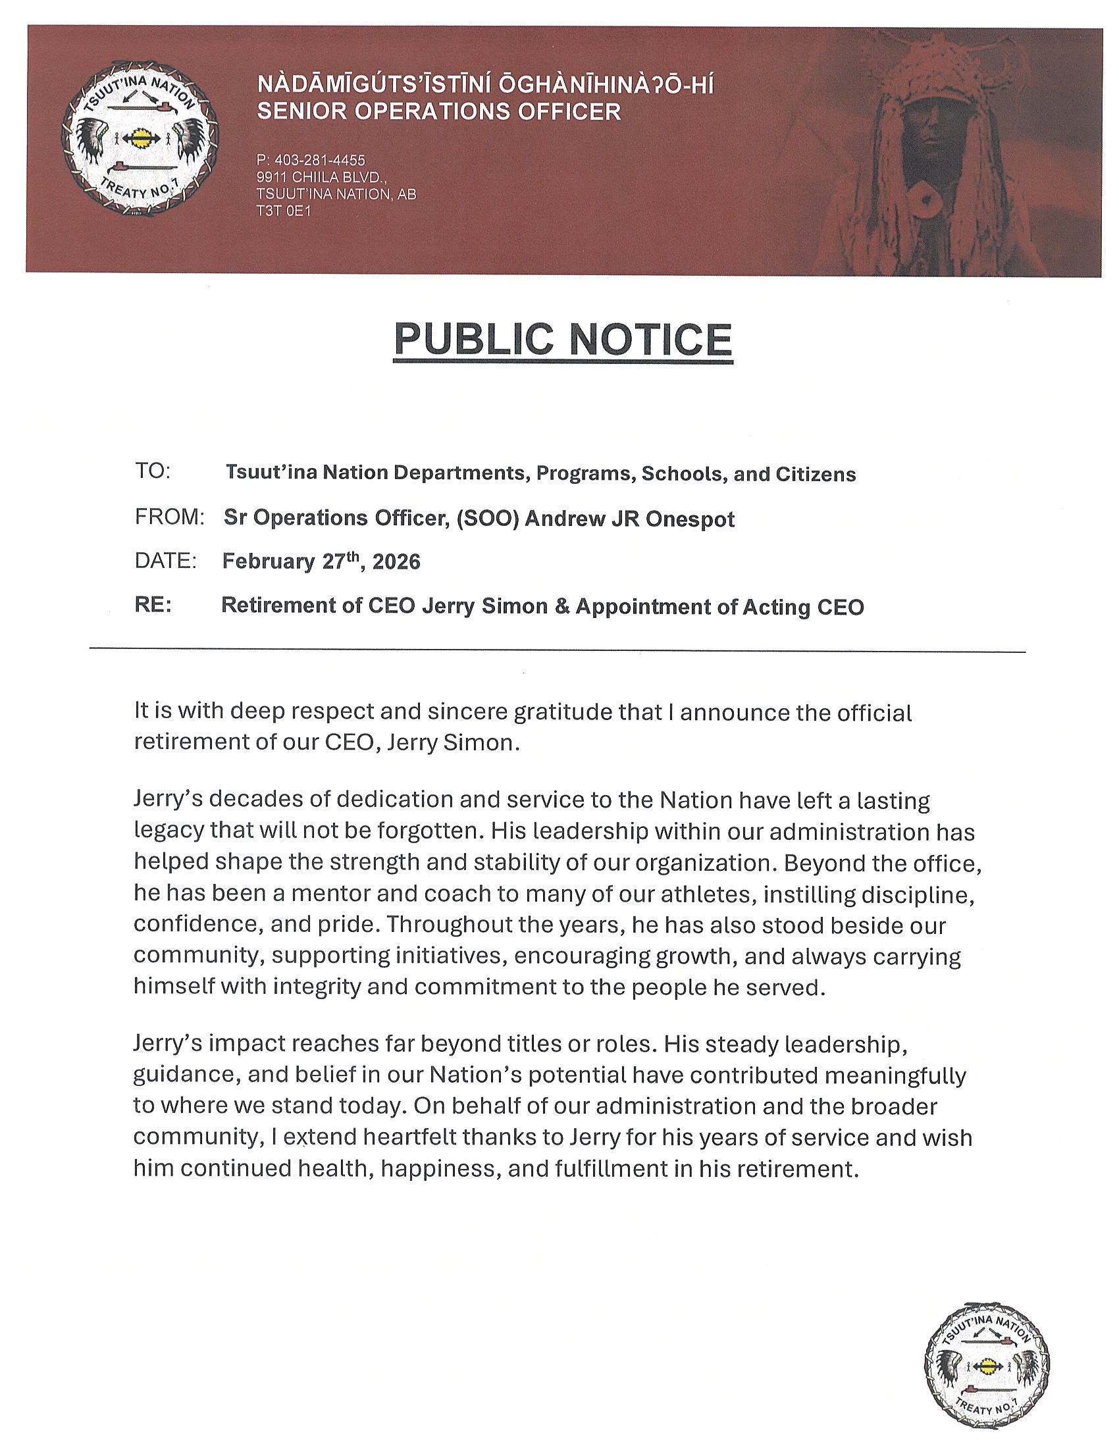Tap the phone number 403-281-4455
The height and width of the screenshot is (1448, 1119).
coord(310,161)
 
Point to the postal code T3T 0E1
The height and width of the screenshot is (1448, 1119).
coord(283,211)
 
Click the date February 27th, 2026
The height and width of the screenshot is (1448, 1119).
coord(321,561)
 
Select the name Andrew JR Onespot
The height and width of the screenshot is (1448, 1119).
coord(630,519)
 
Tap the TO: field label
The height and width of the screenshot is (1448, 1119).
coord(153,471)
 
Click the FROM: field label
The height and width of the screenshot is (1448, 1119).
coord(169,517)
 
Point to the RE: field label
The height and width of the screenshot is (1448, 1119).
coord(153,606)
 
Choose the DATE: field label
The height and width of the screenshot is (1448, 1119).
coord(166,561)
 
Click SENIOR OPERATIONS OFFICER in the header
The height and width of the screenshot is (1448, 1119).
coord(439,111)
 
